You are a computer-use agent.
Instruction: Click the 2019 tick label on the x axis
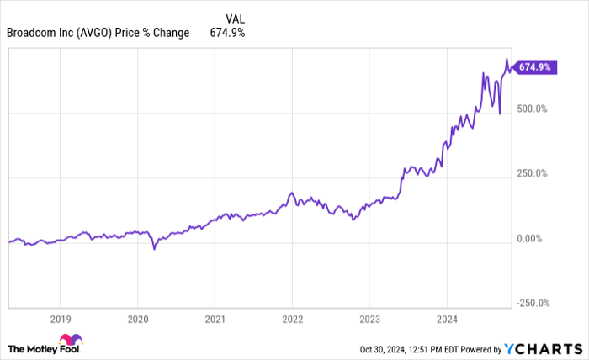59,320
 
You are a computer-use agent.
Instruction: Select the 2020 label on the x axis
137,320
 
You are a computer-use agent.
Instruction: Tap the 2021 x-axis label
215,320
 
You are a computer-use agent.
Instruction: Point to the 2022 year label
292,320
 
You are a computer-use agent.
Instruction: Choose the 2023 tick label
369,320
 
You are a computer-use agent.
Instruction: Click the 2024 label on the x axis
447,320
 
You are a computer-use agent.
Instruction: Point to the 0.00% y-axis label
533,239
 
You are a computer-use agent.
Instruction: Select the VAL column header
236,18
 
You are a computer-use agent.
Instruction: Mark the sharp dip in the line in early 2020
153,249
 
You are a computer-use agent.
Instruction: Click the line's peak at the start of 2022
291,193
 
